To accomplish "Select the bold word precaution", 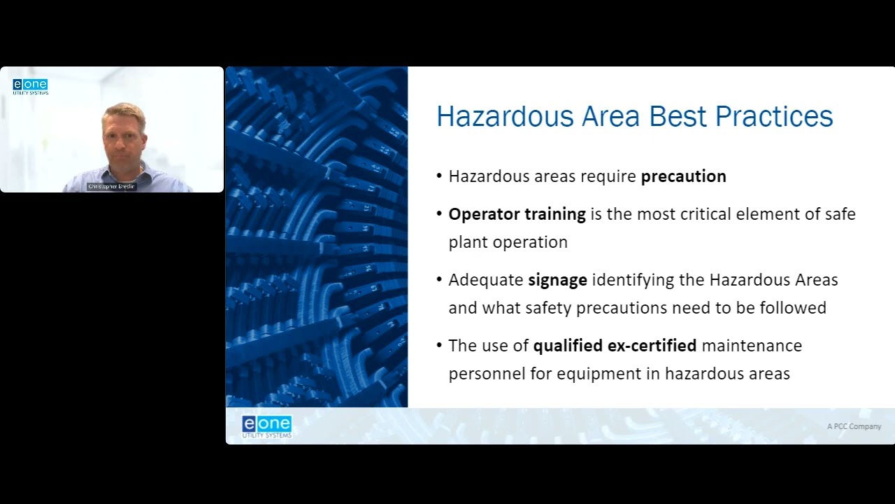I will (683, 176).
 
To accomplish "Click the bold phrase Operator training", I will (517, 214).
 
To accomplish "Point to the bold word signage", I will (557, 280).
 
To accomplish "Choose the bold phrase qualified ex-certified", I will (615, 346).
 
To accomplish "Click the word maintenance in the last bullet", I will (752, 346).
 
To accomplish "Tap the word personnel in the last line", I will (487, 374).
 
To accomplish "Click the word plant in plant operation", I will (466, 242).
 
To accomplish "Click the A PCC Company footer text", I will (854, 426).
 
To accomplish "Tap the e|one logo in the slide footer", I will (266, 426).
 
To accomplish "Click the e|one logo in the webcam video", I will (30, 86).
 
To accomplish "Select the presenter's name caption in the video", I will (112, 187).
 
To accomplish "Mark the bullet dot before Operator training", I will (439, 214).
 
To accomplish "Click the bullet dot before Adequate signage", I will (439, 280).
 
